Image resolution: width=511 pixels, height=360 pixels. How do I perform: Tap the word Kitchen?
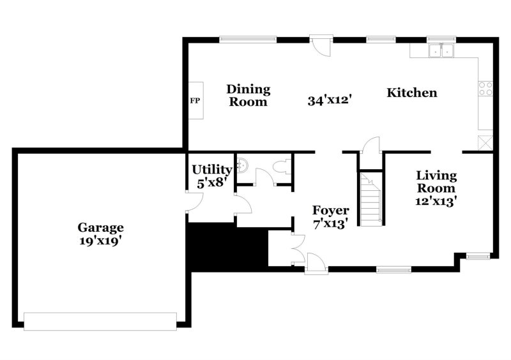(412, 93)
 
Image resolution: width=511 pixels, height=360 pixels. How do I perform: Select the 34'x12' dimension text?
(330, 101)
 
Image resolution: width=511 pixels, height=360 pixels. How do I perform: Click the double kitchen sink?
(441, 50)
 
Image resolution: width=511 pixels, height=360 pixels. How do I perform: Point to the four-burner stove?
(485, 89)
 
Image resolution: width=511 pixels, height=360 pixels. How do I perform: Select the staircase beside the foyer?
(369, 199)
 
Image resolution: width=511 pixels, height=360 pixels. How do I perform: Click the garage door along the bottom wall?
(100, 320)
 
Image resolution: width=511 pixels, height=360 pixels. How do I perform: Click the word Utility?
(211, 170)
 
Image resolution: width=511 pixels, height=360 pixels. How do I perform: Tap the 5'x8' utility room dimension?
(211, 183)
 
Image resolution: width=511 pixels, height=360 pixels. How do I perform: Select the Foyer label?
(330, 211)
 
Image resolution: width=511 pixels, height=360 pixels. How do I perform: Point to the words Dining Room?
(248, 95)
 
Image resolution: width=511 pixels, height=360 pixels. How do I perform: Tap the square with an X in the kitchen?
(485, 142)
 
